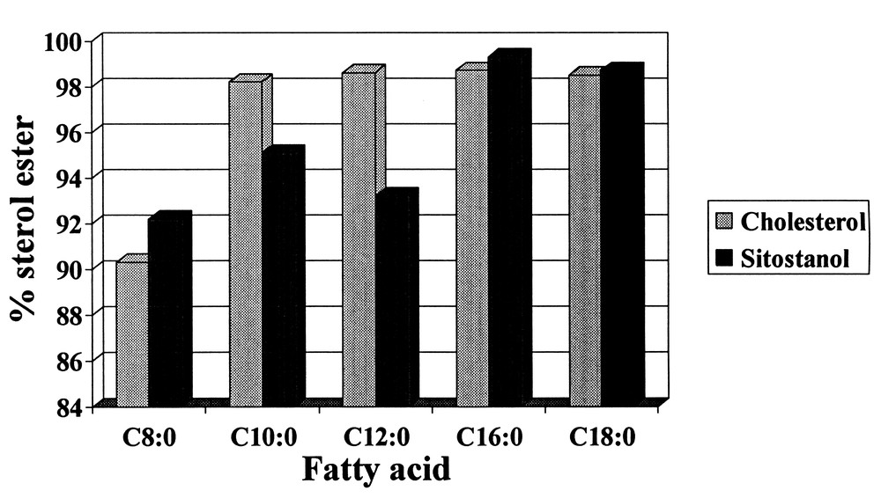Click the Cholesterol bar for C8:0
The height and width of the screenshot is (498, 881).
132,334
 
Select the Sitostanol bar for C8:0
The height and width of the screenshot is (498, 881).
167,312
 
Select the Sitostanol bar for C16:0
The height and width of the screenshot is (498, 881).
507,231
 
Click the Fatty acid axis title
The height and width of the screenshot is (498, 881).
376,468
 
